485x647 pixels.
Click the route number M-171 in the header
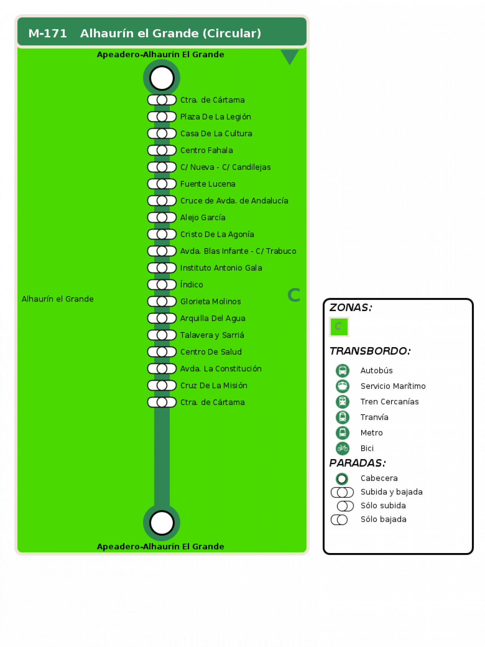tap(47, 33)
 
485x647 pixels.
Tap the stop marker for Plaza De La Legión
tap(162, 117)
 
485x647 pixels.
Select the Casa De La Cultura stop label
tap(216, 133)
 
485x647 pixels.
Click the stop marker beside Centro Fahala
tap(162, 150)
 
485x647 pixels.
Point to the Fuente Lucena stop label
tap(208, 184)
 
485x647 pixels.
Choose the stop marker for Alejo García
tap(162, 217)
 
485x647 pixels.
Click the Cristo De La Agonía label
tap(217, 234)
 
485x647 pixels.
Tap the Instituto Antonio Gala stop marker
tap(162, 268)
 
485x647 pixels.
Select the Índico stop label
tap(191, 284)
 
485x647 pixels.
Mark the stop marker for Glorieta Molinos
tap(162, 302)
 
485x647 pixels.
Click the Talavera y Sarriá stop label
tap(212, 335)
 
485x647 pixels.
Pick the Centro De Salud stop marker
tap(162, 352)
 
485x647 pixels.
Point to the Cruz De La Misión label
tap(214, 386)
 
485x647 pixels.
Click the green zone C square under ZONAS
tap(339, 327)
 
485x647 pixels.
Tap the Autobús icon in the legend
tap(343, 371)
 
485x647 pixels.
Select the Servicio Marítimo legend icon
tap(343, 386)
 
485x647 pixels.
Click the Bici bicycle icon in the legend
tap(343, 448)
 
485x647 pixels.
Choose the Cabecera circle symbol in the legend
tap(342, 479)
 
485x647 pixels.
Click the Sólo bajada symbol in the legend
tap(339, 520)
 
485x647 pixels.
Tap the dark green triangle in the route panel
tap(289, 56)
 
